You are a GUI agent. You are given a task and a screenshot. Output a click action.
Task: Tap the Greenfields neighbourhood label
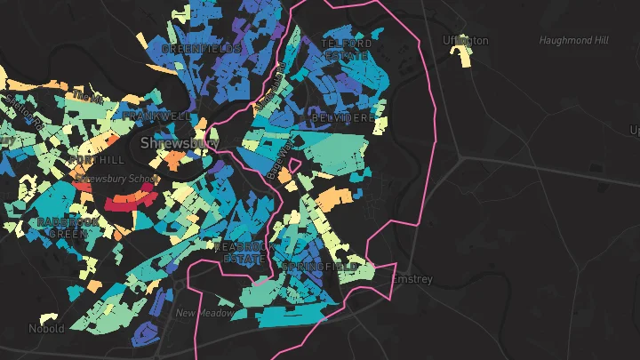pyautogui.click(x=202, y=49)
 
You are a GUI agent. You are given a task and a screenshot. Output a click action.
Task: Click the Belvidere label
pyautogui.click(x=342, y=117)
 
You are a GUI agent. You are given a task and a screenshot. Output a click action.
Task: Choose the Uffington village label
pyautogui.click(x=466, y=41)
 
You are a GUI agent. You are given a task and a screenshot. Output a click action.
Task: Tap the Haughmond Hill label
pyautogui.click(x=574, y=41)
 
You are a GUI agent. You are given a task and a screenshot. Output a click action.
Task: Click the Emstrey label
pyautogui.click(x=412, y=279)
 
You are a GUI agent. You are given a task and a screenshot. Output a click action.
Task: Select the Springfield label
pyautogui.click(x=320, y=267)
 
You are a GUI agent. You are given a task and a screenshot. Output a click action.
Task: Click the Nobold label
pyautogui.click(x=46, y=329)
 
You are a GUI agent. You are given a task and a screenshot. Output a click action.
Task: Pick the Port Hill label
pyautogui.click(x=97, y=160)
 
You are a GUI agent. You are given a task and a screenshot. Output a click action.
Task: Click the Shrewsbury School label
pyautogui.click(x=116, y=179)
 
